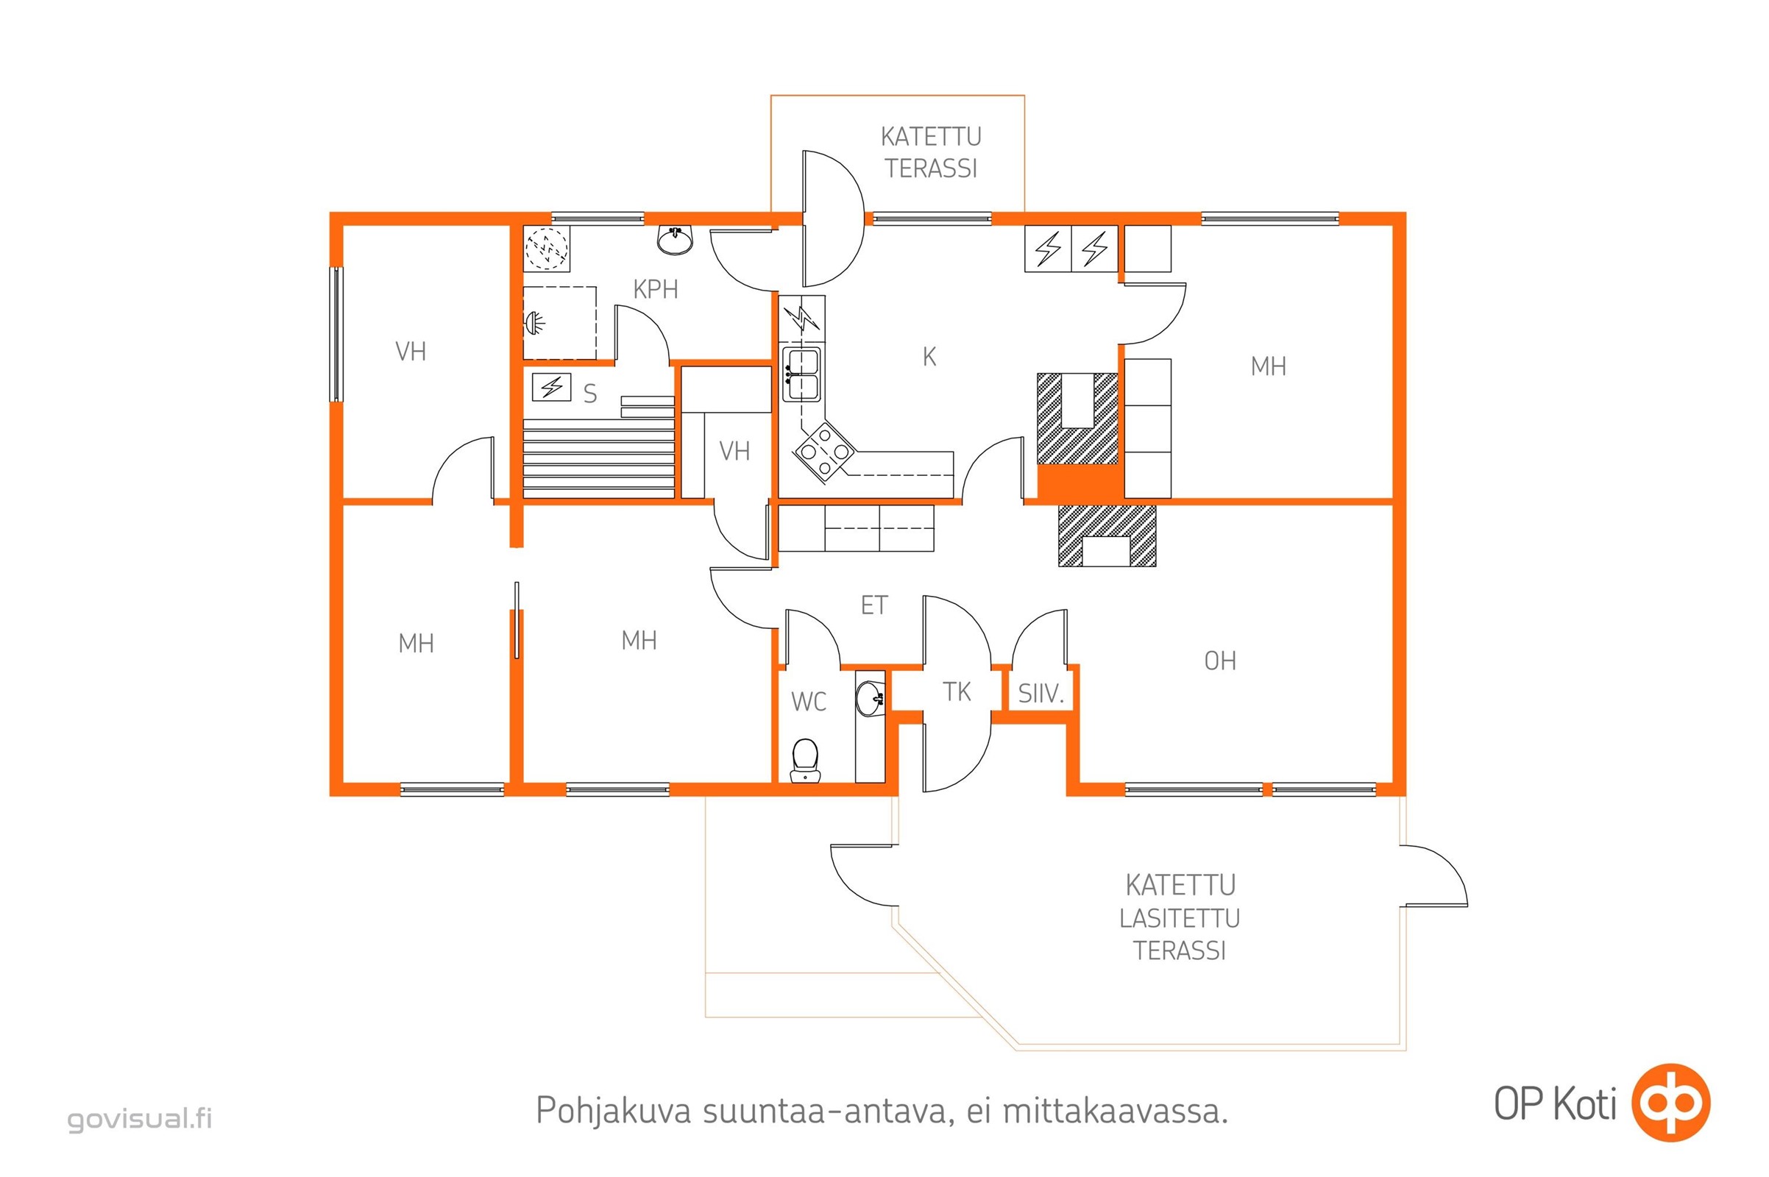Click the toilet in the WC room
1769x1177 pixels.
click(805, 761)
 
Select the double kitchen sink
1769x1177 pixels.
click(802, 374)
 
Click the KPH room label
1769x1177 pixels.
click(656, 289)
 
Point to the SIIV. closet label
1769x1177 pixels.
click(1041, 694)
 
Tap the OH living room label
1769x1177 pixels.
click(1219, 661)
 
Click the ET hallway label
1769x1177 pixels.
click(874, 605)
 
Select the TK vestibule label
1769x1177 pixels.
click(957, 691)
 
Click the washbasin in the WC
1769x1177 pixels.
click(871, 698)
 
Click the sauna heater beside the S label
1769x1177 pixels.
click(551, 388)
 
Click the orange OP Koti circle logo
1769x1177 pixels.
click(1670, 1103)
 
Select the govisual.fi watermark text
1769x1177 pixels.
click(141, 1118)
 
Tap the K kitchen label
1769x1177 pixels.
click(929, 358)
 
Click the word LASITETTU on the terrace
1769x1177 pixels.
click(1180, 918)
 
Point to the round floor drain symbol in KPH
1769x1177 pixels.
click(547, 247)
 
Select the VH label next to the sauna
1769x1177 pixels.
click(734, 451)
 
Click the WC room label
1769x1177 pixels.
click(809, 702)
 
